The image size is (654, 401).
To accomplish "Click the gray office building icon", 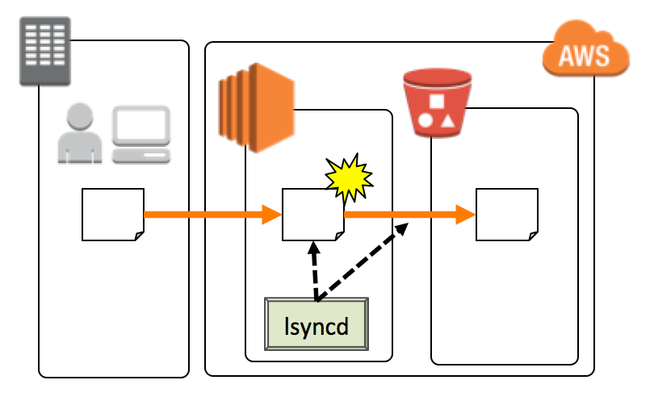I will pyautogui.click(x=45, y=50).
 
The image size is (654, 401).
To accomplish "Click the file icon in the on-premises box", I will pyautogui.click(x=113, y=215).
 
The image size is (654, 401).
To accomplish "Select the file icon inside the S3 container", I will pyautogui.click(x=506, y=215).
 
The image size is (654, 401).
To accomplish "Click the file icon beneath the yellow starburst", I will pyautogui.click(x=312, y=215).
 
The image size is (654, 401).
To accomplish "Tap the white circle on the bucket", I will pyautogui.click(x=425, y=122).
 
